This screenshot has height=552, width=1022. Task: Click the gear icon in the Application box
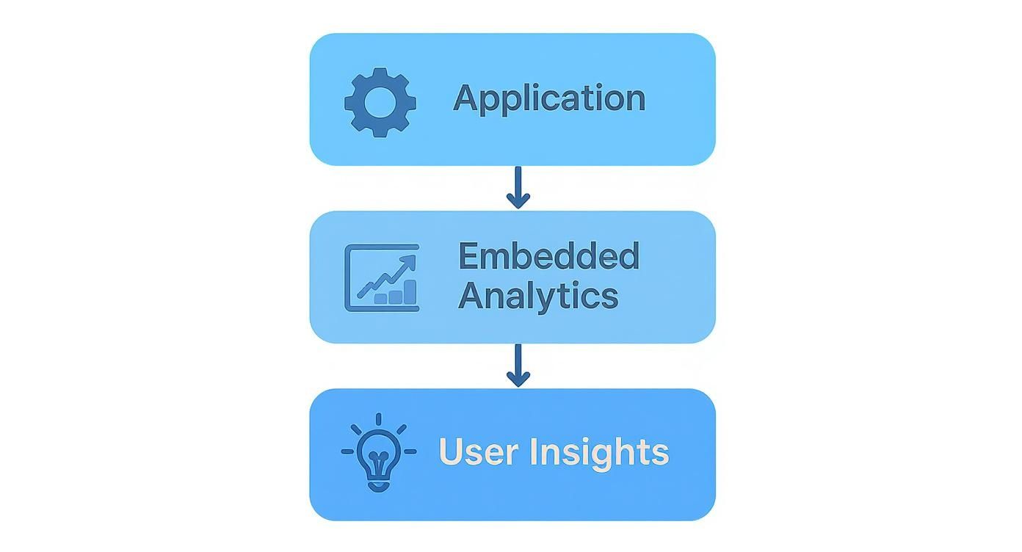click(380, 102)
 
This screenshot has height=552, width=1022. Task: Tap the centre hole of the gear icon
click(380, 102)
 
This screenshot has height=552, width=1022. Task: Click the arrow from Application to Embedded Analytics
click(518, 188)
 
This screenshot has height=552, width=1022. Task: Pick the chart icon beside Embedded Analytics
click(382, 277)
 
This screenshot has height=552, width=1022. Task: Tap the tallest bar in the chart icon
click(410, 291)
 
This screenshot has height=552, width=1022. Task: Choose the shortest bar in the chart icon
click(381, 299)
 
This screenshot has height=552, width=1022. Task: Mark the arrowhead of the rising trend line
click(408, 261)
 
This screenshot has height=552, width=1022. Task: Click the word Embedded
click(548, 256)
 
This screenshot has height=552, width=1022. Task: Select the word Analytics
click(537, 296)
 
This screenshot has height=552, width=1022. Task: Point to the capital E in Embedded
click(469, 256)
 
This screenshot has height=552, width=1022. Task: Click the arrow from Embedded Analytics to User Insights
click(518, 366)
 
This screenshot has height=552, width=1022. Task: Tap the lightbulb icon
click(379, 455)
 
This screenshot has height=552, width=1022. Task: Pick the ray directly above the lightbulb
click(379, 420)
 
